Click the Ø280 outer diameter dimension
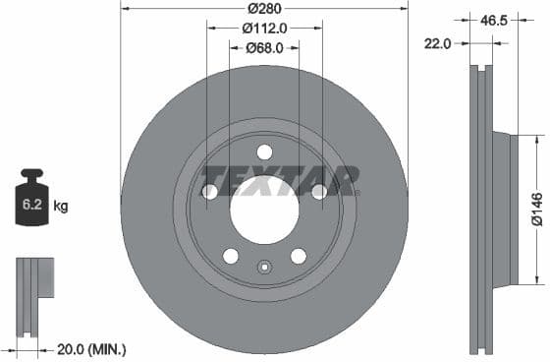pyautogui.click(x=264, y=9)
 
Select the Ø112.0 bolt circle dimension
pyautogui.click(x=264, y=28)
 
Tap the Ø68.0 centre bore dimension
pyautogui.click(x=264, y=47)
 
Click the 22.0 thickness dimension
pyautogui.click(x=437, y=43)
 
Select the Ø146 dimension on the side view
pyautogui.click(x=537, y=209)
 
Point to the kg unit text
pyautogui.click(x=61, y=207)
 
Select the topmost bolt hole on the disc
pyautogui.click(x=264, y=151)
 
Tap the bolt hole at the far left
pyautogui.click(x=209, y=192)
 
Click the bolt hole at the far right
pyautogui.click(x=319, y=192)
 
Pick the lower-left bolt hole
pyautogui.click(x=231, y=256)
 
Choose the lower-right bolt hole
pyautogui.click(x=298, y=256)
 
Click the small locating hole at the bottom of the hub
pyautogui.click(x=264, y=267)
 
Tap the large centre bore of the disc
pyautogui.click(x=264, y=209)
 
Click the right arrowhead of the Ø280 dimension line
pyautogui.click(x=406, y=9)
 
